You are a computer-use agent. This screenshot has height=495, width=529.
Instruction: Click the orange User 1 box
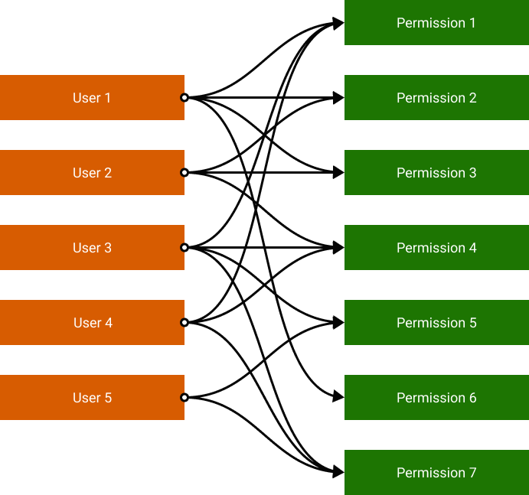(92, 98)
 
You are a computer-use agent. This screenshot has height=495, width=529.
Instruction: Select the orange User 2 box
(92, 173)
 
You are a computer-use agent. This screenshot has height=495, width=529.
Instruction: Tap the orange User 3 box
(92, 248)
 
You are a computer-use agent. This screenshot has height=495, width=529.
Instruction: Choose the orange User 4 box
(92, 323)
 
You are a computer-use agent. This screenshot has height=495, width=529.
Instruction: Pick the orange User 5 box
(92, 398)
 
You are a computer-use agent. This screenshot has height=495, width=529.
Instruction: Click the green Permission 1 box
(436, 23)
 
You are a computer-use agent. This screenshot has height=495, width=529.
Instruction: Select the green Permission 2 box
(436, 98)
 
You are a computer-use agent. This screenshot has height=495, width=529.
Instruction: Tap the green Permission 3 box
(436, 173)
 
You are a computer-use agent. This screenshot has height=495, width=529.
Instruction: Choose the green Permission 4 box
(436, 248)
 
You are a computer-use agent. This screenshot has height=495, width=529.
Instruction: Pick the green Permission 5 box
(436, 323)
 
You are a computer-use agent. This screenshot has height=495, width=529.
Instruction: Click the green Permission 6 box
(436, 398)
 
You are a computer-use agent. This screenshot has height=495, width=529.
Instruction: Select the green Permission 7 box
(436, 473)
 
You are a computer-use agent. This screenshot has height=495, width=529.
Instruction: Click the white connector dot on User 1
(184, 98)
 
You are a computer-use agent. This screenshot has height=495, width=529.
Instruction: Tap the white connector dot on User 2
(184, 173)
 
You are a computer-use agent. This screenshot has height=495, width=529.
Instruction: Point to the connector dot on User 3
(184, 248)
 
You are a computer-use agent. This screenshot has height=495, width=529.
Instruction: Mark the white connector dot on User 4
(184, 323)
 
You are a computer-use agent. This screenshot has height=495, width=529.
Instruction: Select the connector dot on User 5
(184, 398)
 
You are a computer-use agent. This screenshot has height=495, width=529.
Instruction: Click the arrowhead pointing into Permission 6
(339, 398)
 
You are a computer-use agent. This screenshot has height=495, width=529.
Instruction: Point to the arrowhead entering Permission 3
(339, 173)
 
